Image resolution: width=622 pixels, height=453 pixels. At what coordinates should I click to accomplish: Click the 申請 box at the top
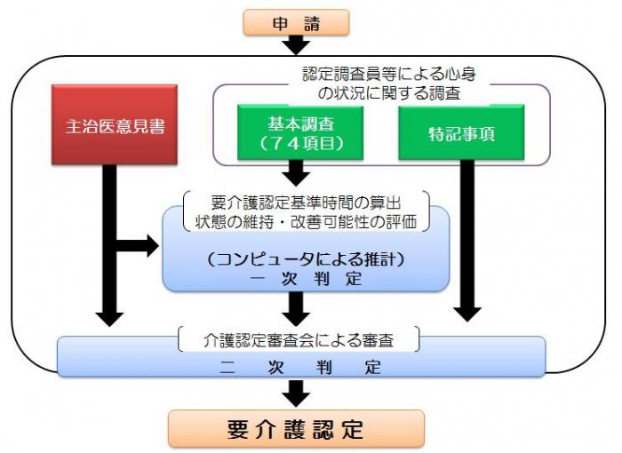click(297, 22)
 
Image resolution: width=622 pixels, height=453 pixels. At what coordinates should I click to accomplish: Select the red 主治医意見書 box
click(116, 124)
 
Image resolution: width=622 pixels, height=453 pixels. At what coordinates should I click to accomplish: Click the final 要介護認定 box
click(296, 429)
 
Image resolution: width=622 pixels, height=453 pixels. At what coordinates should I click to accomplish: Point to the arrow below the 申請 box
click(297, 44)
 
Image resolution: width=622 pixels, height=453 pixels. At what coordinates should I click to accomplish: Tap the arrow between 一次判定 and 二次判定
click(296, 307)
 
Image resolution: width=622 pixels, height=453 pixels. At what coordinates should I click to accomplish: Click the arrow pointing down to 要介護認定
click(296, 393)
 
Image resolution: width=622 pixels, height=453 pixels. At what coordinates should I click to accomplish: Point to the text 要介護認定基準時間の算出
click(305, 202)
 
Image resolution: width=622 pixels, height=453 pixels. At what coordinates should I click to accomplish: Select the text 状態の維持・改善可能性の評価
click(305, 220)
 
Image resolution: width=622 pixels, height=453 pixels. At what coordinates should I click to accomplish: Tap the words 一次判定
click(305, 277)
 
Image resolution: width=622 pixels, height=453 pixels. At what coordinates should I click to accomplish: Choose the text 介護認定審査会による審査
click(298, 338)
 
